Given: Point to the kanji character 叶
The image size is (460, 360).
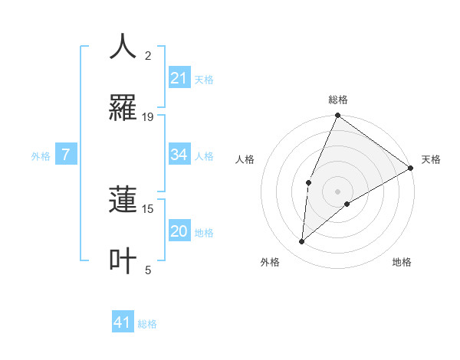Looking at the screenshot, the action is [x=123, y=260].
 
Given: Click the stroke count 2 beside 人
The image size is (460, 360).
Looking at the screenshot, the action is [x=148, y=56].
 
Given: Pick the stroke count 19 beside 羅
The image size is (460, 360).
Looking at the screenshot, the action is [x=148, y=117].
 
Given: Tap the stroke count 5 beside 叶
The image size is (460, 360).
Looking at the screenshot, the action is [x=148, y=270].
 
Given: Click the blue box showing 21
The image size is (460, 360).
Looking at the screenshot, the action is [x=179, y=78].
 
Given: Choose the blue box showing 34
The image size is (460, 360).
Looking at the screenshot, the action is [x=179, y=155].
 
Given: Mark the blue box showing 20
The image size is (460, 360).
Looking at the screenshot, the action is [x=179, y=231].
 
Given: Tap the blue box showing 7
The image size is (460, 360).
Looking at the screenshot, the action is [x=67, y=155].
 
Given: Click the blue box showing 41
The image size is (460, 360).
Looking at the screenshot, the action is [x=123, y=322].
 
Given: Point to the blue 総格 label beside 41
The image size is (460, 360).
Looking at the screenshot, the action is [x=147, y=324].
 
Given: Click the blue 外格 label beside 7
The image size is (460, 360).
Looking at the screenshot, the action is [x=41, y=155].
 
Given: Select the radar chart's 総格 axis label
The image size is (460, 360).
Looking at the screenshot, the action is [x=338, y=100].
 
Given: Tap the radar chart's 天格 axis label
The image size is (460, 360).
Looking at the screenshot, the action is [x=431, y=159].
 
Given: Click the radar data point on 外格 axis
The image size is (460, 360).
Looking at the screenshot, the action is [x=302, y=242].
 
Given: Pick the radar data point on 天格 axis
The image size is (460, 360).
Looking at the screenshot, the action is [x=411, y=168].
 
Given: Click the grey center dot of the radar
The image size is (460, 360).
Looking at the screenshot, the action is [x=338, y=191].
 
